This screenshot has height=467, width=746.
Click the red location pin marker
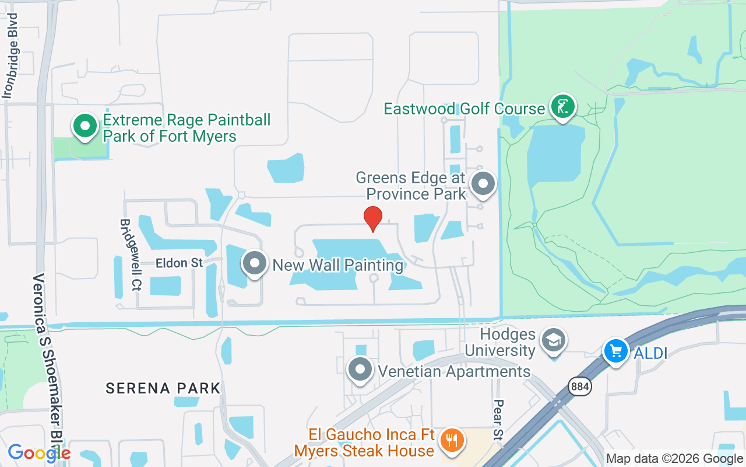coord(373,219)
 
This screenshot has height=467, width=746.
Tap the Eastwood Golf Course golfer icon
coord(562,107)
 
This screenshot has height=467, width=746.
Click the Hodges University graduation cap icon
coord(553,340)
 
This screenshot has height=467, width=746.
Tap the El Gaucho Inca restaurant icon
coord(451,440)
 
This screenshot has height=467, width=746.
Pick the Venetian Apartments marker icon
coord(360,370)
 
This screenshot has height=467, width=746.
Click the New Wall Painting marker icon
coord(254,264)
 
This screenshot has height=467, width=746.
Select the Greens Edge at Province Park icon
coord(483,184)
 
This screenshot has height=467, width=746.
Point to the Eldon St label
coord(179,263)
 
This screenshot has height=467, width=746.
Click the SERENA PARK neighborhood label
coord(163,388)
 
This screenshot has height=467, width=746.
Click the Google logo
coord(39,452)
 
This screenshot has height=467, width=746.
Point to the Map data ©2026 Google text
coord(674,459)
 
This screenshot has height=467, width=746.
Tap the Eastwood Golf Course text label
coord(464,109)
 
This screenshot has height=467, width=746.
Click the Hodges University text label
coord(500,343)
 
